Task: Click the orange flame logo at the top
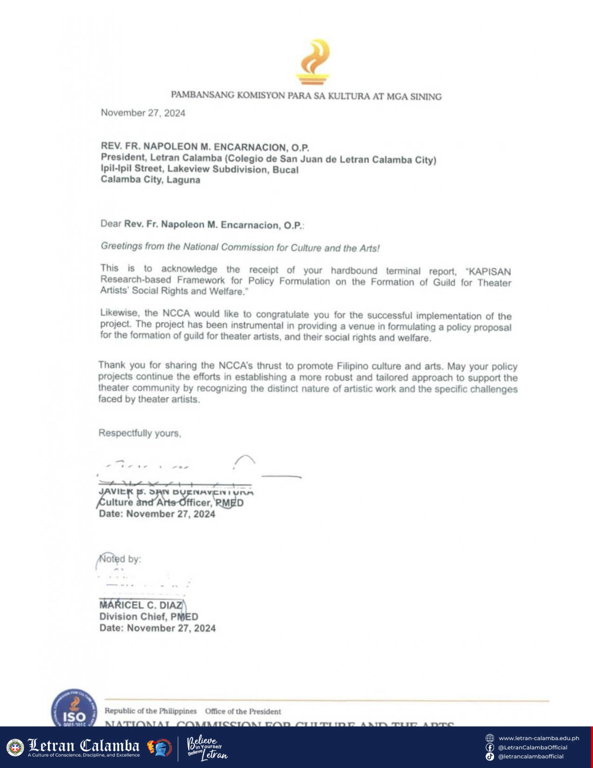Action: pos(313,62)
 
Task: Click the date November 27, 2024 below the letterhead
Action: pos(143,113)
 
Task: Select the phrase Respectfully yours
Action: pos(140,433)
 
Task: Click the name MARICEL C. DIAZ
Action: pos(141,605)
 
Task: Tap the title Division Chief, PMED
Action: pos(148,617)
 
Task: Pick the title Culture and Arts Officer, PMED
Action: pos(171,503)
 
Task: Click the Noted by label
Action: pos(120,559)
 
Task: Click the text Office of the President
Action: pos(243,712)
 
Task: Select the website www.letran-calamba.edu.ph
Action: pos(539,738)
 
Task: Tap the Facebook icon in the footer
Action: pos(490,748)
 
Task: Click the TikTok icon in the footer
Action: pos(490,757)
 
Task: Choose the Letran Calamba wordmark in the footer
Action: pos(84,747)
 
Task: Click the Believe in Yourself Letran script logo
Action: pos(207,748)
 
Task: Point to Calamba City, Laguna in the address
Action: pos(150,180)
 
